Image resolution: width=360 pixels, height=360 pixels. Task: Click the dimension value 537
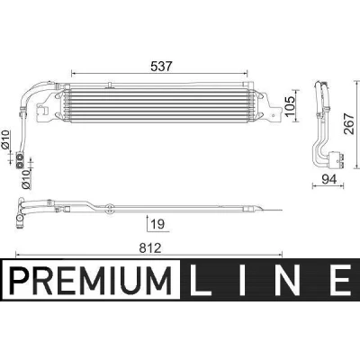point(161,67)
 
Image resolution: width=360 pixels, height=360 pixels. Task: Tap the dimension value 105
point(290,107)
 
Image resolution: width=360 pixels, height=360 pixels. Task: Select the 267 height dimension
point(348,123)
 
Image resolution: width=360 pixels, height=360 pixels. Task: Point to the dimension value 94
point(329,179)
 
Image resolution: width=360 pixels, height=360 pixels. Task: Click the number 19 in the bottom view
point(158,224)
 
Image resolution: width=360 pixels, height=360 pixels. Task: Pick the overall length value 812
point(150,248)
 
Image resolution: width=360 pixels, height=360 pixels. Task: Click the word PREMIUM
point(91,280)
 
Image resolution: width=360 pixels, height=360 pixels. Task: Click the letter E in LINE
point(340,280)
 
